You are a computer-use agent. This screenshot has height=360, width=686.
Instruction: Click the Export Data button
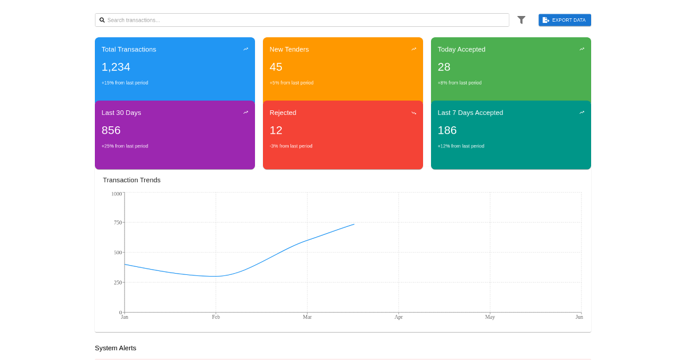coord(565,20)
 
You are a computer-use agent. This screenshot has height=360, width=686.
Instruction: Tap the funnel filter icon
coord(521,20)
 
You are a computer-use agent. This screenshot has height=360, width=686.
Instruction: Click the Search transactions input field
coord(302,20)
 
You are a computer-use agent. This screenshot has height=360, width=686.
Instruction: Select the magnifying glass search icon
coord(102,20)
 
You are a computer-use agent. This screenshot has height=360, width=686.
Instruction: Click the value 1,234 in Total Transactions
coord(115,67)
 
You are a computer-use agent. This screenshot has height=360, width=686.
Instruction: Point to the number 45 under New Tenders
coord(276,67)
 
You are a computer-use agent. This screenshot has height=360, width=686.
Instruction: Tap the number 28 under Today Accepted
coord(444,67)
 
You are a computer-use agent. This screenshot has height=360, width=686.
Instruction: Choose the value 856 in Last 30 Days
coord(111,130)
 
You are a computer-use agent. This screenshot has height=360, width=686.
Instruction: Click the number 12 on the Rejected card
coord(276,130)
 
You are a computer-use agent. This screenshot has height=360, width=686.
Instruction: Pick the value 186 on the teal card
coord(447,130)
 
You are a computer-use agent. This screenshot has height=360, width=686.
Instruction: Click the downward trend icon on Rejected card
coord(414,113)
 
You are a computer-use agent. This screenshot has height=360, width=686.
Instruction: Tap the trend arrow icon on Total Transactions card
coord(246,49)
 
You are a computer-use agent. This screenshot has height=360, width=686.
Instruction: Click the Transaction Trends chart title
coord(131,180)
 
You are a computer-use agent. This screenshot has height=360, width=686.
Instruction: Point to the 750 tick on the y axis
coord(118,222)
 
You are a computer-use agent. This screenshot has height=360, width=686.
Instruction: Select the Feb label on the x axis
coord(216,317)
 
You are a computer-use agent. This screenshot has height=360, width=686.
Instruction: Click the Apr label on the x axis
coord(399,317)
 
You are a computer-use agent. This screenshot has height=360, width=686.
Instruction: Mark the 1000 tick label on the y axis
coord(117,194)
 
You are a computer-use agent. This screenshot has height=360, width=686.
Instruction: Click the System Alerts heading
coord(115,348)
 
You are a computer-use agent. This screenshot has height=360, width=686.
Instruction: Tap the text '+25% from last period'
coord(125,146)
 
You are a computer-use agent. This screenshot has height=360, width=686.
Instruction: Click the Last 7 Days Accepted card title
coord(470,113)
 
